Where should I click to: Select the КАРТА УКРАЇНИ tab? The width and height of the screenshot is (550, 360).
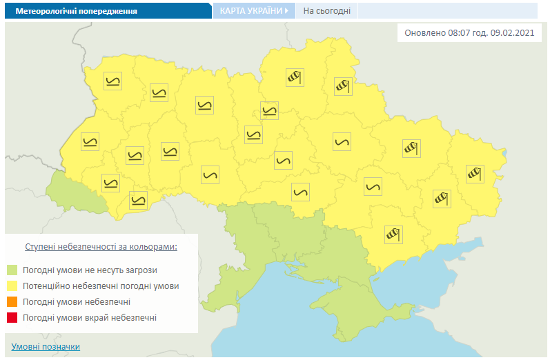(250, 11)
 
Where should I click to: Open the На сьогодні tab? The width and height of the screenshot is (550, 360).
(327, 11)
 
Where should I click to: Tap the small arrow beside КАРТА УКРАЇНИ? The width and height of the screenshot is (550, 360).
(286, 11)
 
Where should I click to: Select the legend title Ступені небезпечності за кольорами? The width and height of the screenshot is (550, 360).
(101, 246)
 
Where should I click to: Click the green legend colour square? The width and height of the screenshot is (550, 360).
(12, 270)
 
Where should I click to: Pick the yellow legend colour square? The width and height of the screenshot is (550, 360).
(12, 286)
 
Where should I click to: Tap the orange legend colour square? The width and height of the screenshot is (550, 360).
(12, 302)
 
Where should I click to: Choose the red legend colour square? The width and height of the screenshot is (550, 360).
(12, 318)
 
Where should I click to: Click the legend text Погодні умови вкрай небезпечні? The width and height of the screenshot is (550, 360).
(90, 318)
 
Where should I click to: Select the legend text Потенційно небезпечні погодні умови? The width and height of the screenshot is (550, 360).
(101, 286)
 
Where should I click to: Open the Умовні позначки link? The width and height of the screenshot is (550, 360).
(46, 346)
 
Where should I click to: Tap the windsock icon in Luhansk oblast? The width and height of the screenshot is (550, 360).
(473, 172)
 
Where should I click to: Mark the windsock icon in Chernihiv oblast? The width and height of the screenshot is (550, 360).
(295, 77)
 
